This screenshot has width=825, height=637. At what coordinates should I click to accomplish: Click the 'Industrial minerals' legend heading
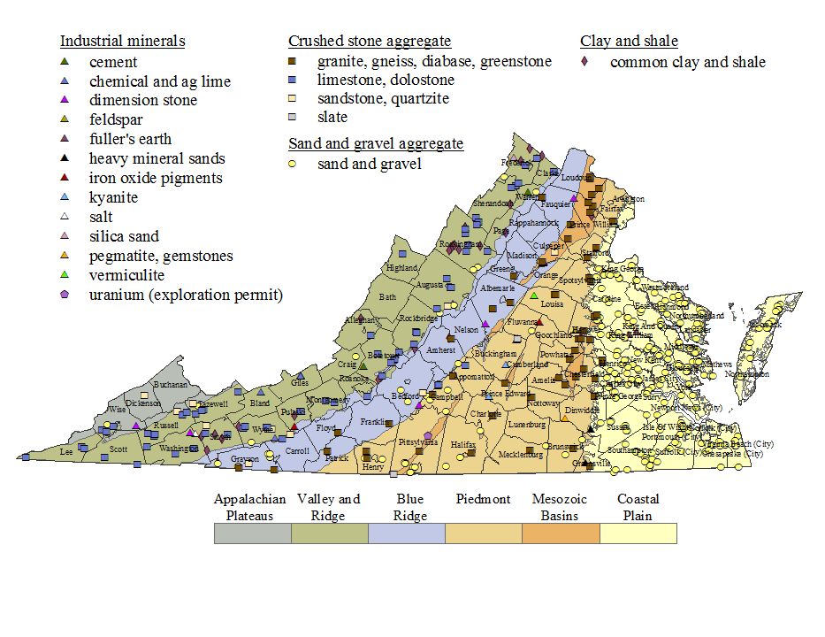(x=122, y=41)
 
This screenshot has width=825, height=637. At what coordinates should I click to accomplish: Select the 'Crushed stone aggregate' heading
(x=370, y=41)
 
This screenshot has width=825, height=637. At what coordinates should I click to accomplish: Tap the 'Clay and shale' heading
(x=629, y=41)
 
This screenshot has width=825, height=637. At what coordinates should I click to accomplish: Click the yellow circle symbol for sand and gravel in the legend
(x=294, y=164)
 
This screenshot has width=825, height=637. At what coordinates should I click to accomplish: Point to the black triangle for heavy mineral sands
(x=64, y=158)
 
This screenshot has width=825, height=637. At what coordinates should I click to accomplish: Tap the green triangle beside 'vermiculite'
(x=64, y=275)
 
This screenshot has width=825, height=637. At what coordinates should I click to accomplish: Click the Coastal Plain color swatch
(x=638, y=533)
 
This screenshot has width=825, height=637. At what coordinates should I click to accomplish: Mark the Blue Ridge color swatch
(x=407, y=533)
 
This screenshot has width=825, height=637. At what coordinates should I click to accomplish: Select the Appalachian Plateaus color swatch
(x=253, y=533)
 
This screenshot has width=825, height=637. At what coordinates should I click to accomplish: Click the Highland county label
(x=402, y=268)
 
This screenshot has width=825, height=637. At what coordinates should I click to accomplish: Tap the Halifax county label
(x=463, y=444)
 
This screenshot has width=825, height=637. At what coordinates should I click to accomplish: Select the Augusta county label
(x=429, y=285)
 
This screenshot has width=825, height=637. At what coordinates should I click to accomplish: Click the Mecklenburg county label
(x=520, y=455)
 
